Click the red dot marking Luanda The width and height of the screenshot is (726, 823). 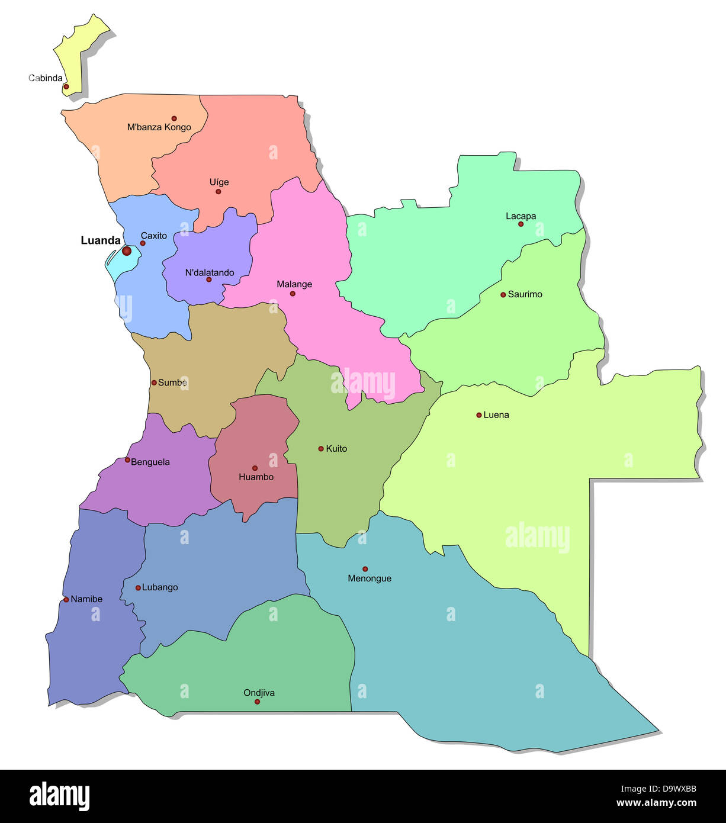click(x=127, y=251)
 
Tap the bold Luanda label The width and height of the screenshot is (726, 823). click(x=101, y=240)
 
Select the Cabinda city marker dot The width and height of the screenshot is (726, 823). click(x=66, y=86)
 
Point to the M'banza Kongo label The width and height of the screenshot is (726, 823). click(x=159, y=127)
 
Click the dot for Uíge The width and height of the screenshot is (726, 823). click(x=219, y=191)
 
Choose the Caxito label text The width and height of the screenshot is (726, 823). click(x=154, y=236)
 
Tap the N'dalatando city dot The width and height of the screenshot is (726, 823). click(x=209, y=279)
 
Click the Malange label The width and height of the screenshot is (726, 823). click(x=294, y=284)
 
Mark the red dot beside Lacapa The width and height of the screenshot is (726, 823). click(x=521, y=224)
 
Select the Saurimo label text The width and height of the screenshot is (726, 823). click(x=525, y=294)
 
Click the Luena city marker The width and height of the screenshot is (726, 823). click(x=479, y=415)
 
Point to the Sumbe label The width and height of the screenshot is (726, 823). click(x=172, y=382)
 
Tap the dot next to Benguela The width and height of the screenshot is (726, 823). click(x=127, y=460)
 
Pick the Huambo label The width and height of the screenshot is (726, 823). click(x=256, y=477)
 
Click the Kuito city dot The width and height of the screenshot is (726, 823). click(x=321, y=449)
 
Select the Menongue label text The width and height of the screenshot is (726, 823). click(x=370, y=578)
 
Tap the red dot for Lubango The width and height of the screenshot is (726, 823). click(x=138, y=588)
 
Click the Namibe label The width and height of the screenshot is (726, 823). click(x=86, y=599)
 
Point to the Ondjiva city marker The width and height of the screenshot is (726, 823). click(x=257, y=702)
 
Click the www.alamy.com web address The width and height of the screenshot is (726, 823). click(x=656, y=803)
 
